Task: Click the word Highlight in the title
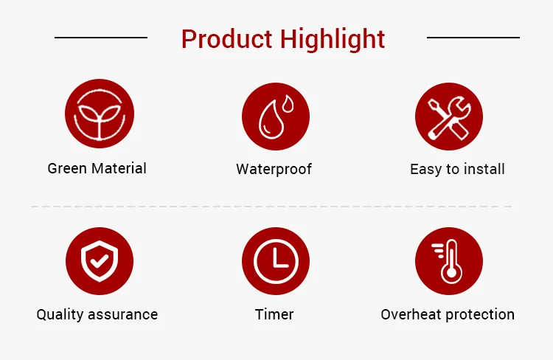333,40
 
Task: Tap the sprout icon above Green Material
100,114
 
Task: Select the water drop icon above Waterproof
276,117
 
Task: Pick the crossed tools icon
449,117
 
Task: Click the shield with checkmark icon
100,261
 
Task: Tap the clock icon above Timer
276,261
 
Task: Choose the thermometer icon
449,261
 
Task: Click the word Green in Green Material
67,169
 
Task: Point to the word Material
119,168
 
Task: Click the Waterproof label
274,170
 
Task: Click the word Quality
60,314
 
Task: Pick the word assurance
122,315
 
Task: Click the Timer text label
274,314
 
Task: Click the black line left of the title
101,38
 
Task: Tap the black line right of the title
473,38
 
